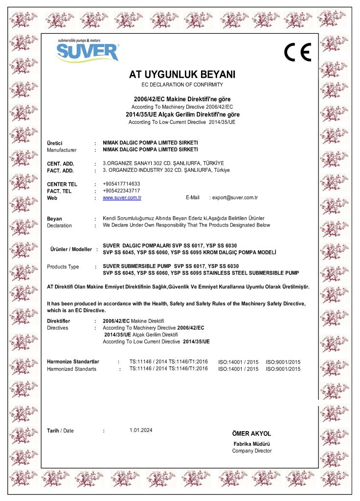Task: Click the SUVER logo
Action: click(87, 50)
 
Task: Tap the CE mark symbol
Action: click(297, 52)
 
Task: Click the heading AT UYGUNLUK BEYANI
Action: click(182, 75)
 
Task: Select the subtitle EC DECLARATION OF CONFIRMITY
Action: click(182, 85)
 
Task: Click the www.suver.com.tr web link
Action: click(122, 198)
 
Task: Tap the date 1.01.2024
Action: click(141, 430)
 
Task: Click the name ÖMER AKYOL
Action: click(251, 433)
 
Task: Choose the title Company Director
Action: click(251, 451)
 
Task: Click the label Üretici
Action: click(55, 142)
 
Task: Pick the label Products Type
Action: click(63, 267)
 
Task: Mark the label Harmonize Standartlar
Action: click(73, 362)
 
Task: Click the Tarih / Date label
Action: click(60, 431)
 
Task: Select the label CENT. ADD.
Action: click(60, 163)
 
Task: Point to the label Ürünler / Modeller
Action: click(71, 249)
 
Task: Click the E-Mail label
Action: click(193, 198)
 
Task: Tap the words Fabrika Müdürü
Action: click(251, 444)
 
